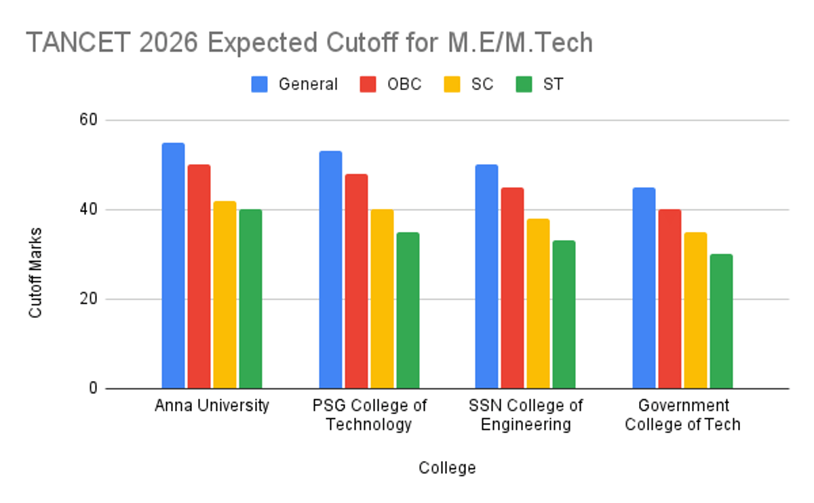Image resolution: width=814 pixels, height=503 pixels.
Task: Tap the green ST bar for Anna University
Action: pyautogui.click(x=250, y=299)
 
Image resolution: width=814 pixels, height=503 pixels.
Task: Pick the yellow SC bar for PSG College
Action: pyautogui.click(x=382, y=299)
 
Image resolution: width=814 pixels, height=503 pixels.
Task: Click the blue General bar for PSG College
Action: pyautogui.click(x=330, y=270)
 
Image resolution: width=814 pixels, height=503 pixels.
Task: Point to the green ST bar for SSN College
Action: pyautogui.click(x=564, y=315)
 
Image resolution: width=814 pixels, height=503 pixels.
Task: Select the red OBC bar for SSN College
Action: pyautogui.click(x=512, y=288)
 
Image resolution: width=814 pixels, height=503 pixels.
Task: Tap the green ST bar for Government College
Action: pyautogui.click(x=721, y=321)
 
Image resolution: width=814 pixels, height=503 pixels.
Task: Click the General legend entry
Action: pyautogui.click(x=294, y=84)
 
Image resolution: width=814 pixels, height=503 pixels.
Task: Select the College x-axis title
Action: pyautogui.click(x=447, y=468)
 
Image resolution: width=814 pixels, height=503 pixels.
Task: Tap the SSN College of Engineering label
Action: pyautogui.click(x=526, y=415)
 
